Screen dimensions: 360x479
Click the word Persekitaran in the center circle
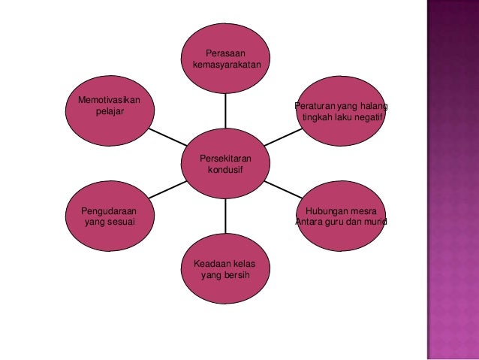click(225, 159)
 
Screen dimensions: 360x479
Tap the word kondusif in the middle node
click(225, 171)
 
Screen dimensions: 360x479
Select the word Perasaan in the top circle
click(225, 53)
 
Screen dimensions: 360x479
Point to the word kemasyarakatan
click(226, 65)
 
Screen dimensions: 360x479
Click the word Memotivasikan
click(110, 100)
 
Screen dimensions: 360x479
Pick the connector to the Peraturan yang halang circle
click(282, 138)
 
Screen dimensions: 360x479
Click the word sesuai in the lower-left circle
click(120, 223)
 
